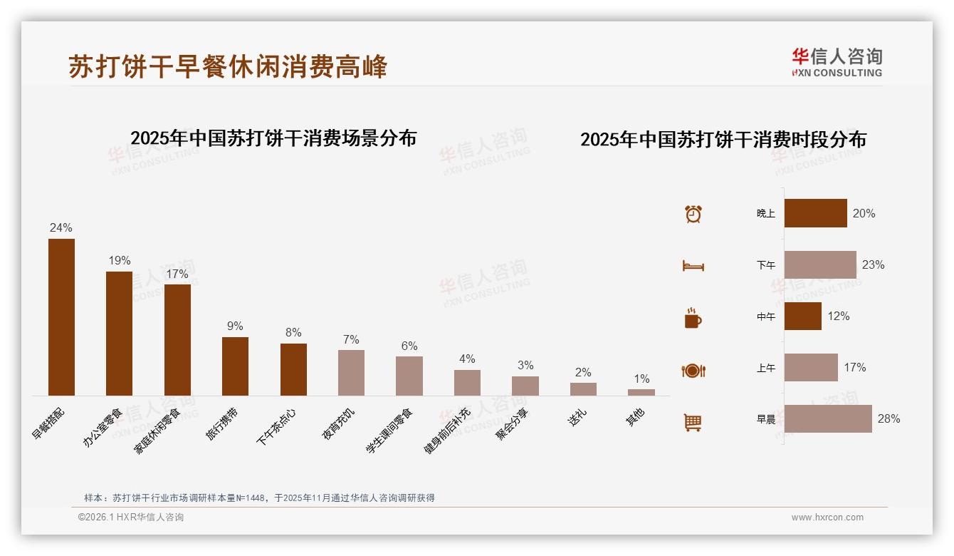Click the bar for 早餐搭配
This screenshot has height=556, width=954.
(x=61, y=317)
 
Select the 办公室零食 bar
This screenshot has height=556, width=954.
(x=119, y=334)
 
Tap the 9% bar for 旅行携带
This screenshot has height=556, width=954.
(x=235, y=366)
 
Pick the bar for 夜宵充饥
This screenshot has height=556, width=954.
(x=351, y=373)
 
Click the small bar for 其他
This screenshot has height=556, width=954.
(x=641, y=392)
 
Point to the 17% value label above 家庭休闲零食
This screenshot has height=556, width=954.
(x=177, y=274)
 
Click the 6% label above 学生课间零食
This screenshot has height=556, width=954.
(x=409, y=346)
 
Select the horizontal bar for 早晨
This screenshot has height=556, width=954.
(x=828, y=419)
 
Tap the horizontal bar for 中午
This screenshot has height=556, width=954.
(x=802, y=316)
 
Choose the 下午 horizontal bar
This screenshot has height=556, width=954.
(x=820, y=265)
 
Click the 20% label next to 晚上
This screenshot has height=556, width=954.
(x=864, y=213)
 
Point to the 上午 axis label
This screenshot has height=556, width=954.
(x=765, y=368)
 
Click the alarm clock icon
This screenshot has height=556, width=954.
(x=693, y=214)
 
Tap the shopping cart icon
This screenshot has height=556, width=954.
(x=693, y=422)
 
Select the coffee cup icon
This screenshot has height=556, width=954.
(x=693, y=318)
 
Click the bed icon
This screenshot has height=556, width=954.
(x=693, y=266)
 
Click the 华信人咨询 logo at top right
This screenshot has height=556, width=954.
(x=837, y=62)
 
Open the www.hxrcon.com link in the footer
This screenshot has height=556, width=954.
(x=827, y=518)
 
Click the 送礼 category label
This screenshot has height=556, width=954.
(x=577, y=418)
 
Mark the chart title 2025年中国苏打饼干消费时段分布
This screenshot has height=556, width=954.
(x=723, y=140)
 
